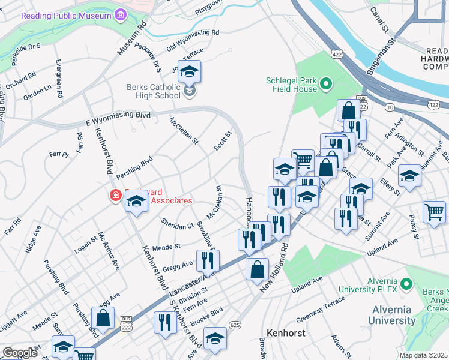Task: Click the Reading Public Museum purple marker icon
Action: point(121,14)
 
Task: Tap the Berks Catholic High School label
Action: point(153,91)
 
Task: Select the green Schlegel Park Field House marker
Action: point(327,83)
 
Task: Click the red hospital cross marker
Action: point(115,196)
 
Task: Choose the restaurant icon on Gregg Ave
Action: point(208,260)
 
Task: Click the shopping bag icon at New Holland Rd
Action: point(257,268)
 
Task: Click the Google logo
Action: point(20,352)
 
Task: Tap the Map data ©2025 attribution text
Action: point(423,355)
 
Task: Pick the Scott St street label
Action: point(223,142)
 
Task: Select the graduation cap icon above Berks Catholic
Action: point(189,72)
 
